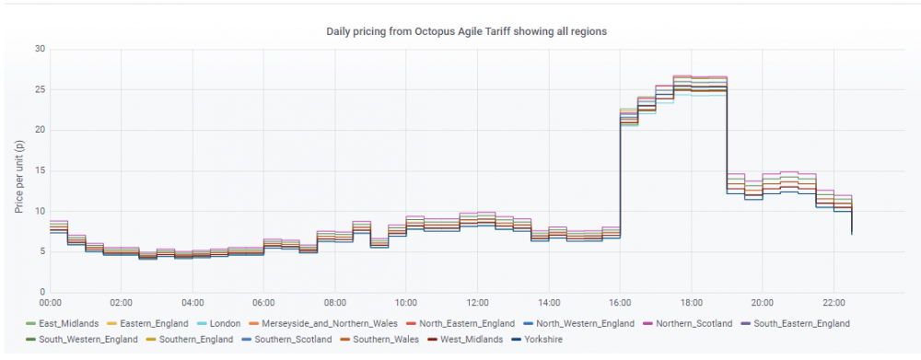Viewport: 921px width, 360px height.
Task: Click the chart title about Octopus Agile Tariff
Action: click(x=466, y=31)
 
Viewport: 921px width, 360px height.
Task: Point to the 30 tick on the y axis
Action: click(x=40, y=49)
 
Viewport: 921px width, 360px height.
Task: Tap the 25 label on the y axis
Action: click(x=40, y=89)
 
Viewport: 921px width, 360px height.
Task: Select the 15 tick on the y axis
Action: click(x=40, y=171)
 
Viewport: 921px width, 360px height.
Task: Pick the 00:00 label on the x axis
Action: click(x=51, y=303)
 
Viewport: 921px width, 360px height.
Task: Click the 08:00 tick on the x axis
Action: click(x=335, y=303)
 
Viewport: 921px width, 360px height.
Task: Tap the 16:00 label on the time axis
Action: click(x=620, y=303)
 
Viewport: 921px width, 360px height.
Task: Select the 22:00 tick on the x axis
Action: click(x=834, y=303)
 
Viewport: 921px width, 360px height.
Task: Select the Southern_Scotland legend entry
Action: click(x=284, y=340)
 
